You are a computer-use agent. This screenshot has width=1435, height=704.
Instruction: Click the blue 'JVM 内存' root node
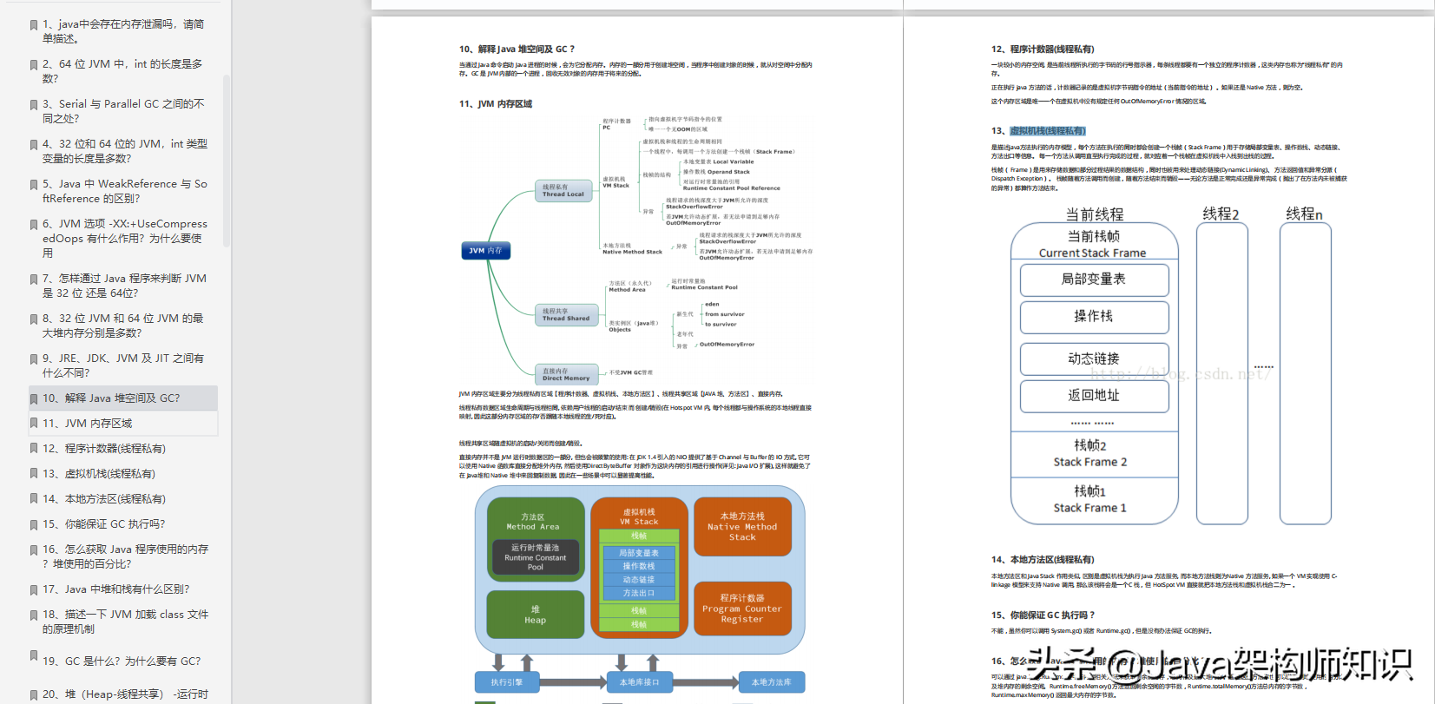pos(485,251)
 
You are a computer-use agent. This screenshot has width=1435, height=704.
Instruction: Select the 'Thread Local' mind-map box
pos(563,191)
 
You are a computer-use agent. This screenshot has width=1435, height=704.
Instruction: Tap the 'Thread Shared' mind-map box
pos(566,314)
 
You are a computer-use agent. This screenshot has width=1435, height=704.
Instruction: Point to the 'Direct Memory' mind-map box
pos(566,374)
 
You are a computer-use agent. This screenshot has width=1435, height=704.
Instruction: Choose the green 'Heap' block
pos(535,615)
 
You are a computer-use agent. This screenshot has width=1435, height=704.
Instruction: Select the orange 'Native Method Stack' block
pos(742,527)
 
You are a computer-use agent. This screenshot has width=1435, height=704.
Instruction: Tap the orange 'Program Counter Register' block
pos(742,609)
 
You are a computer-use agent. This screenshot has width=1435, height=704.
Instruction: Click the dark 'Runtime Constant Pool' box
pos(535,557)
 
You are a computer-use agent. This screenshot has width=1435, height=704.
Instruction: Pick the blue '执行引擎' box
pos(506,682)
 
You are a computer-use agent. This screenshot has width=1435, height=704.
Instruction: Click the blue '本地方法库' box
pos(771,682)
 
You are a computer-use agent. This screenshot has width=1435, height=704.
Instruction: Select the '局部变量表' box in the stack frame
pos(1094,280)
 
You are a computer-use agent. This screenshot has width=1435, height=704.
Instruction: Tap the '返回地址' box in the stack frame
pos(1094,396)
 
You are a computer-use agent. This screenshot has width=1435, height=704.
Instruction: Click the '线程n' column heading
pos(1304,214)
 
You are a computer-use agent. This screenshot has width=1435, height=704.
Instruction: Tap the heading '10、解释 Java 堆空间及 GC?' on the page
pos(517,49)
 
